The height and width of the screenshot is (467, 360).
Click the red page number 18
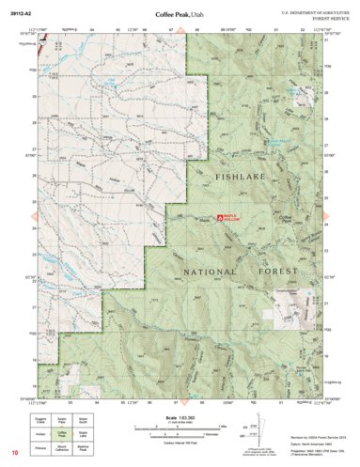(x=15, y=455)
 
